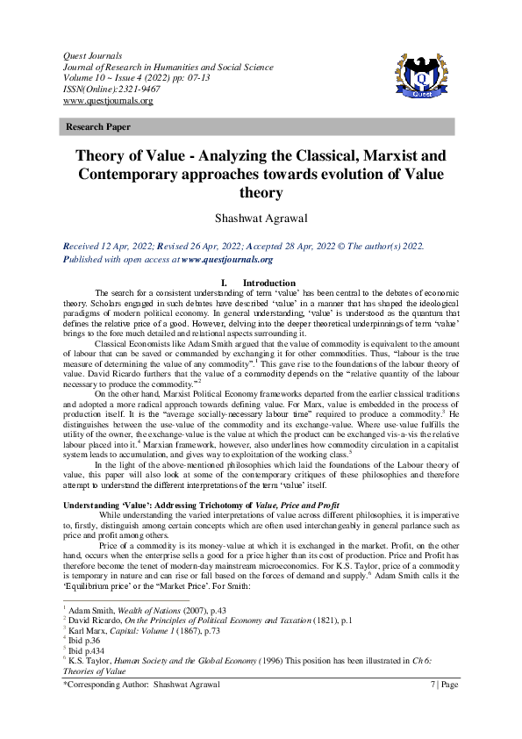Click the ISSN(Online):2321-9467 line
coord(104,90)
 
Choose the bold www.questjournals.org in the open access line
coord(226,260)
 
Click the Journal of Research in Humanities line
coord(163,67)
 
